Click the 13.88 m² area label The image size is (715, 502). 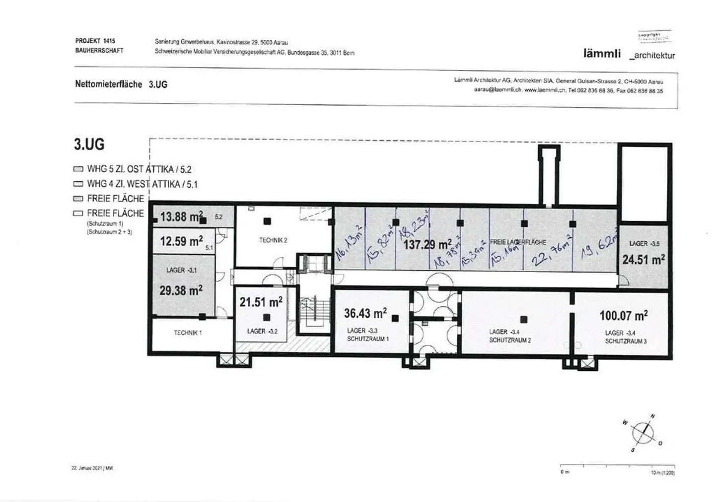click(181, 217)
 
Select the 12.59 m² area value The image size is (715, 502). click(181, 241)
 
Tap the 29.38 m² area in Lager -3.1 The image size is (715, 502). click(181, 290)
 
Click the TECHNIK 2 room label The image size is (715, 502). click(273, 240)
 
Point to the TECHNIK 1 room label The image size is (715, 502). click(188, 333)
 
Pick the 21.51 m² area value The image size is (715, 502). click(261, 302)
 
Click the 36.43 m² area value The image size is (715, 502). click(365, 313)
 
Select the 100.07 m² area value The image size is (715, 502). click(623, 315)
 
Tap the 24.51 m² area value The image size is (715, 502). click(643, 259)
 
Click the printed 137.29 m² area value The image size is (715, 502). click(427, 244)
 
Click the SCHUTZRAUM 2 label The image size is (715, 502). click(510, 340)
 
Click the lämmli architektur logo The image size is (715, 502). click(629, 54)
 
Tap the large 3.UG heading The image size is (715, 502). click(89, 144)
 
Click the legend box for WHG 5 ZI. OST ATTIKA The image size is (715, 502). click(78, 169)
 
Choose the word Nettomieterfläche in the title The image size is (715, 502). click(108, 84)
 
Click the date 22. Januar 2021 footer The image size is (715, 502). click(92, 468)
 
